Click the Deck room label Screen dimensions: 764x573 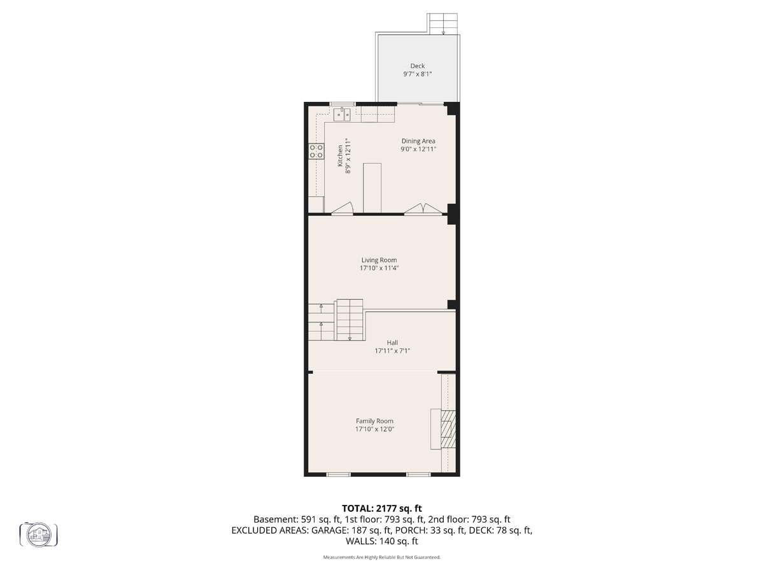pos(417,66)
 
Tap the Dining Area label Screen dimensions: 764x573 pos(418,141)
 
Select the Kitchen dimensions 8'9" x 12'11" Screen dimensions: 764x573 pos(348,156)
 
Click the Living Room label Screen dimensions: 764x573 pos(379,260)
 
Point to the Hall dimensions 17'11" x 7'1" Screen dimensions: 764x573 pos(392,351)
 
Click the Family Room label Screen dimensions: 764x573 pos(374,421)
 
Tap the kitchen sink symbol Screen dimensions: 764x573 pos(342,115)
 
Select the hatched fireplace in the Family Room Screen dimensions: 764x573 pos(448,430)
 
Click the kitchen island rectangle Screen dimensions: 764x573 pos(372,188)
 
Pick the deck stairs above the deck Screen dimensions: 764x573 pos(442,24)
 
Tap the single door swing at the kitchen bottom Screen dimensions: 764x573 pos(342,208)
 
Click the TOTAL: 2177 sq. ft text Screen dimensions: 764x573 pos(382,509)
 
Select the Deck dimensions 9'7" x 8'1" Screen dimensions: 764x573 pos(417,74)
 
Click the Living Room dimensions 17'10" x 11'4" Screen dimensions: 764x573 pos(379,268)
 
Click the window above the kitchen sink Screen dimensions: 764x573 pos(343,104)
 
